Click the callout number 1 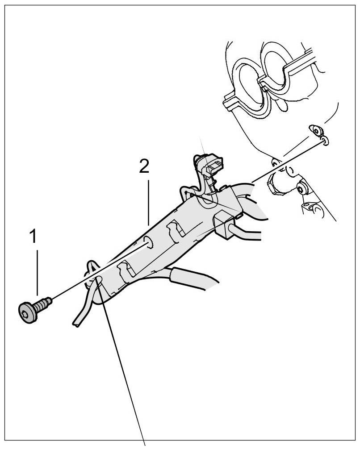coord(33,237)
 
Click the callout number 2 coord(144,166)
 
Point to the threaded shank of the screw coord(45,303)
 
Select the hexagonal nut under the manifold coord(276,183)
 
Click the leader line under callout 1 coord(38,272)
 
